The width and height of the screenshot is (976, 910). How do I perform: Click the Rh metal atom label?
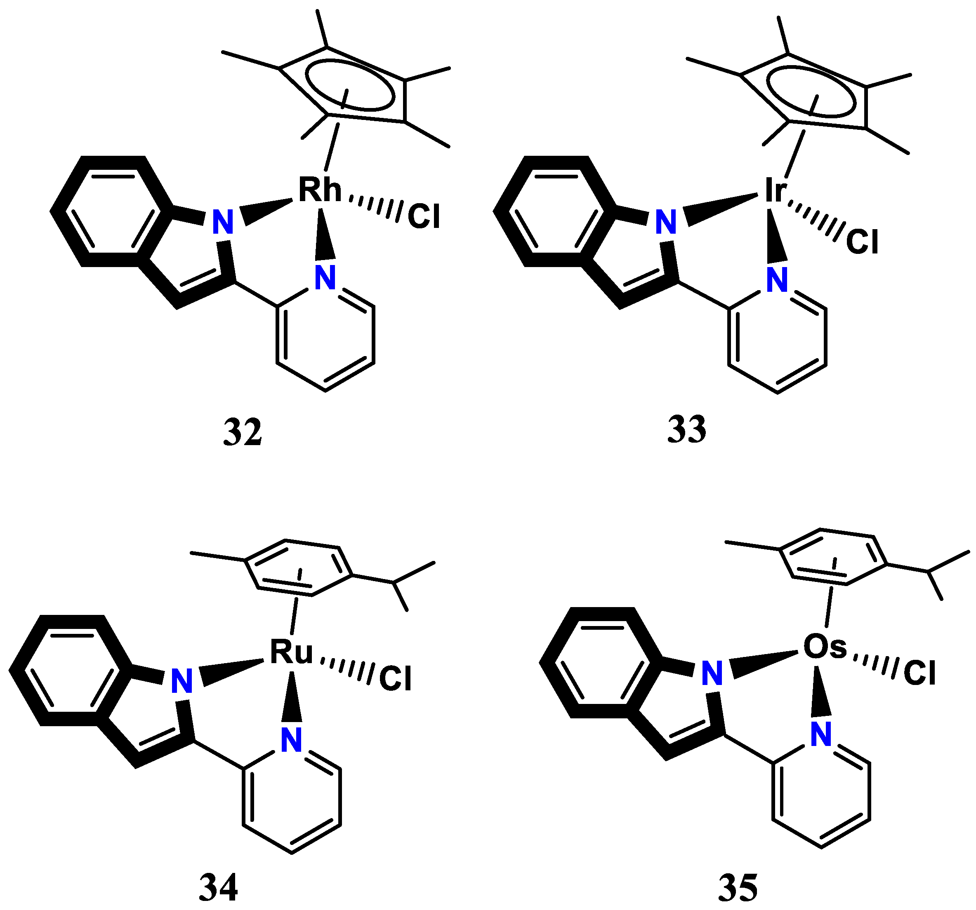click(x=320, y=190)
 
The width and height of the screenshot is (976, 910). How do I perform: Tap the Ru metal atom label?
click(x=291, y=652)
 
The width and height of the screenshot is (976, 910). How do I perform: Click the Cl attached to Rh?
click(x=424, y=216)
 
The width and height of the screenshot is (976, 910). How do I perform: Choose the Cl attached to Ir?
click(x=862, y=242)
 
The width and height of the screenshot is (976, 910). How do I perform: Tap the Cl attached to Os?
click(x=919, y=673)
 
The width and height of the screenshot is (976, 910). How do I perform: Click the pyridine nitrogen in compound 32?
click(x=325, y=278)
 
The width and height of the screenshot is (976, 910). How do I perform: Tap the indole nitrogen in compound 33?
click(x=666, y=222)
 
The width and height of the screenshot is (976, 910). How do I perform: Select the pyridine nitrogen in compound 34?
click(x=291, y=740)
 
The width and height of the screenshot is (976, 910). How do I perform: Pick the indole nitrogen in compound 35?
click(x=712, y=673)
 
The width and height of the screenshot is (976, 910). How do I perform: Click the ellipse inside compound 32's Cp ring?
click(x=349, y=84)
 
